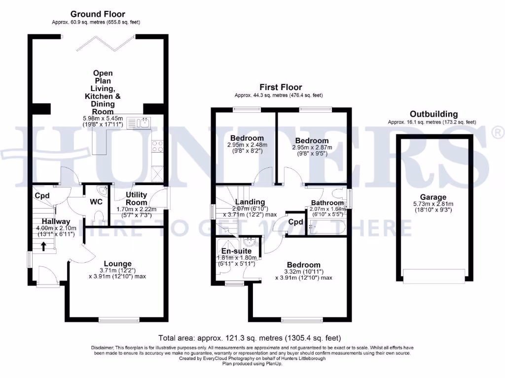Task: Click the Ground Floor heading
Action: click(x=98, y=14)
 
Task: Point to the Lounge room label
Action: click(x=117, y=264)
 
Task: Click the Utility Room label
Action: click(x=136, y=199)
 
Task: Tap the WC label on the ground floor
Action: click(x=96, y=202)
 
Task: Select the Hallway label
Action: click(x=55, y=221)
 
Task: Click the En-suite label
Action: click(x=236, y=251)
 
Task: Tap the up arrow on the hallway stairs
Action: click(x=44, y=246)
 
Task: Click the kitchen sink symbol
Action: click(x=140, y=122)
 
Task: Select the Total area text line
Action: click(x=249, y=338)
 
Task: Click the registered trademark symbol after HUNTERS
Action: click(x=498, y=132)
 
